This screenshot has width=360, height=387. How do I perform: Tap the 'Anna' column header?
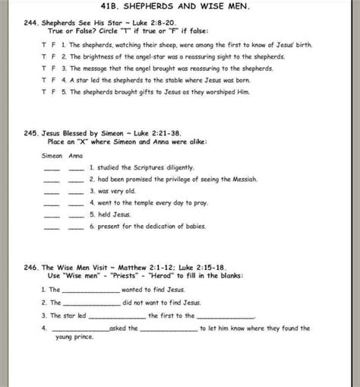click(75, 156)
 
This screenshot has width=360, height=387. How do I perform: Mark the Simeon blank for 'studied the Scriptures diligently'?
click(52, 169)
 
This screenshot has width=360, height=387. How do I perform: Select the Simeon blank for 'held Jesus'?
click(52, 215)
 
